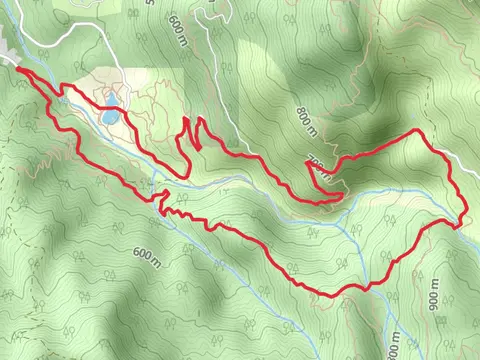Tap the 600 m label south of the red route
pos(146,258)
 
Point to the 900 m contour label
pos(435,302)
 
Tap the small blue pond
pos(108,117)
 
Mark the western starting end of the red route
pos(19,69)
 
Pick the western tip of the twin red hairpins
pos(186,120)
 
